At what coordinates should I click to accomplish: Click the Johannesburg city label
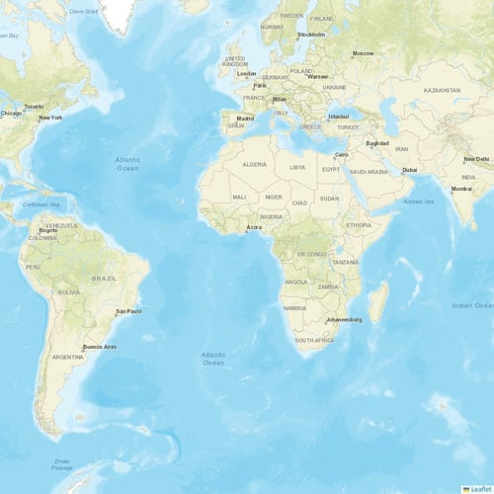pos(344,319)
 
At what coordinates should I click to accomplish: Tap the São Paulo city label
pos(129,311)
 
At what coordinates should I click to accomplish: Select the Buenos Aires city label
pos(99,346)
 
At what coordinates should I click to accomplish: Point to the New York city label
pos(50,119)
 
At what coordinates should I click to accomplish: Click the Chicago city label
pos(11,113)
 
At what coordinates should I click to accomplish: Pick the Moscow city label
pos(363,53)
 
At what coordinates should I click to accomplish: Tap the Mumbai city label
pos(461,189)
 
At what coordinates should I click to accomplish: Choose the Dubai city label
pos(409,170)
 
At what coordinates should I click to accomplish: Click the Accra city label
pos(254,227)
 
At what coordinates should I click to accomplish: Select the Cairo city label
pos(342,155)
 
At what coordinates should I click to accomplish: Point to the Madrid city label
pos(245,119)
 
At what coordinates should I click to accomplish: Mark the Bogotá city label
pos(47,230)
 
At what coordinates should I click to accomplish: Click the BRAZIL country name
pos(104,279)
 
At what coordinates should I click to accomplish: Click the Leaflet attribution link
pos(480,488)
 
